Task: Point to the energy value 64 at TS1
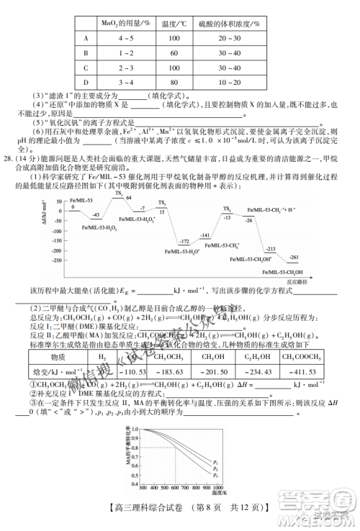point(129,197)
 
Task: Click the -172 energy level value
point(184,242)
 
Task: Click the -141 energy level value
point(204,235)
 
